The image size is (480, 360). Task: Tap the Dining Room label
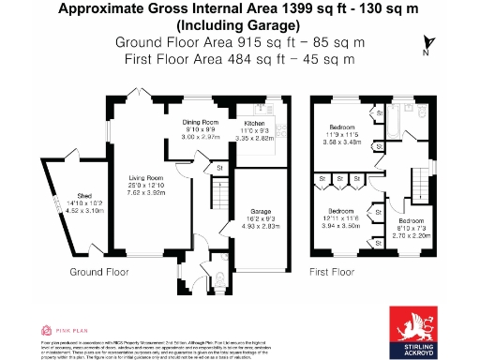(x=200, y=124)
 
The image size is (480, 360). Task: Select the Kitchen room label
(x=257, y=124)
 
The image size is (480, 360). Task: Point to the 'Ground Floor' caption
(x=99, y=272)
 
